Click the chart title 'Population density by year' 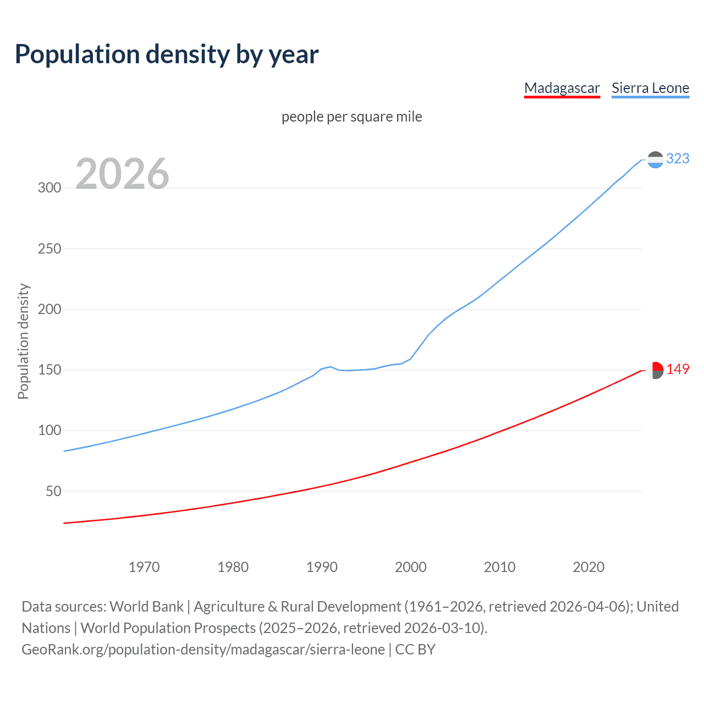pos(167,54)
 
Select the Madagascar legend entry pos(562,88)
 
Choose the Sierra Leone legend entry pos(650,88)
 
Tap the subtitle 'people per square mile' pos(351,117)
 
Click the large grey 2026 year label pos(122,174)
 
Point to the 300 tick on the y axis pos(50,188)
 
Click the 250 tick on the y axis pos(50,249)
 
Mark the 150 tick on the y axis pos(50,370)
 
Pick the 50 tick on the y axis pos(53,491)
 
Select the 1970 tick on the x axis pos(144,567)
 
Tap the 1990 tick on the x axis pos(322,567)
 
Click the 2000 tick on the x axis pos(411,567)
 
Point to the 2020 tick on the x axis pos(588,567)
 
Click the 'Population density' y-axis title pos(23,341)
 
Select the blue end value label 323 pos(678,158)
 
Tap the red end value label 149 pos(678,369)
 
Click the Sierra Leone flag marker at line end pos(655,159)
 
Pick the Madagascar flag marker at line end pos(655,370)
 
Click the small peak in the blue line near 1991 pos(330,366)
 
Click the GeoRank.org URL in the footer pos(204,650)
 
